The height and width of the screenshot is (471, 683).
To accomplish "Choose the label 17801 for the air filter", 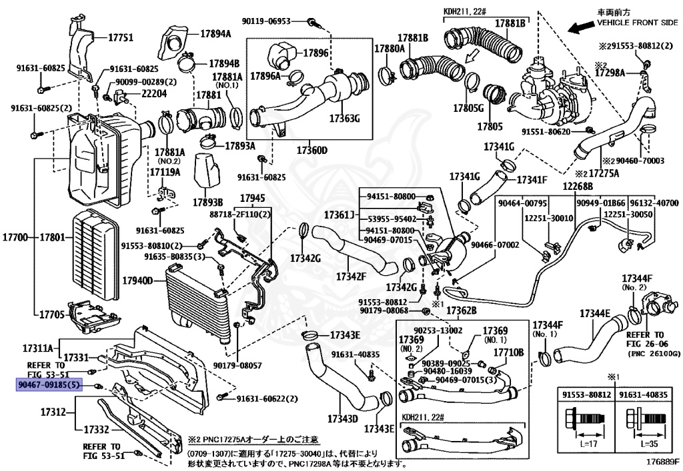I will tap(53, 236).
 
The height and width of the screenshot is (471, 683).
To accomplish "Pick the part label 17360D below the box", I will tap(308, 151).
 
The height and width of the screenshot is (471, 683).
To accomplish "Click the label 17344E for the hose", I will tap(595, 313).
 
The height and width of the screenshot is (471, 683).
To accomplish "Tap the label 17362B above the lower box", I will tap(462, 311).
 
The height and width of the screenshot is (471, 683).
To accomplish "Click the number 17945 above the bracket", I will tap(252, 199).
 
